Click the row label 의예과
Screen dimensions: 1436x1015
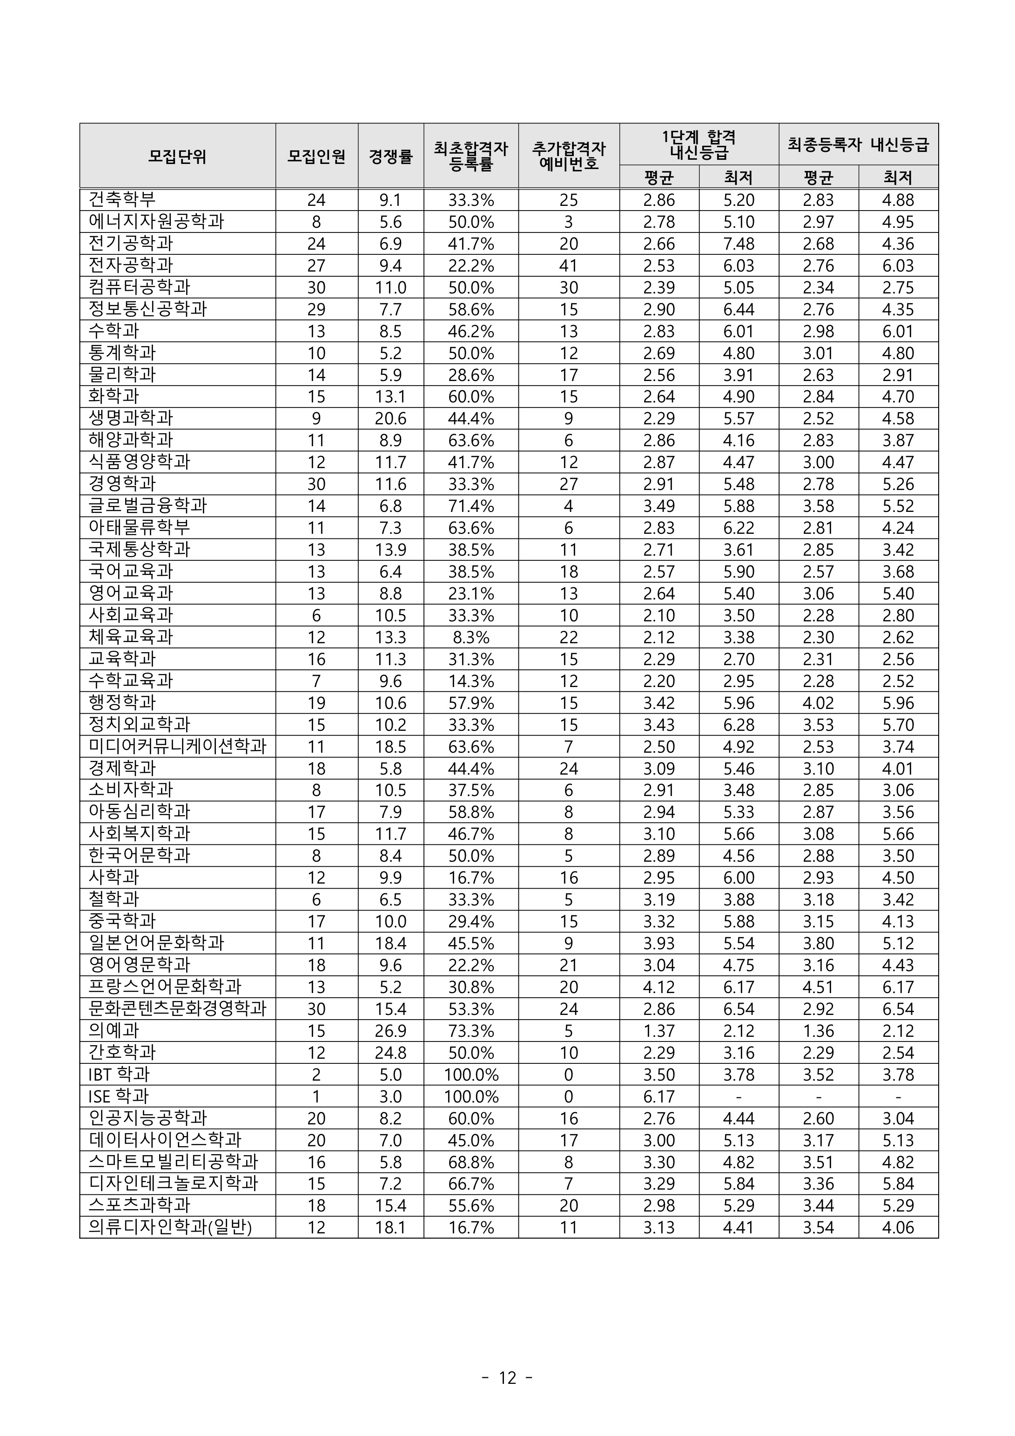pyautogui.click(x=114, y=1030)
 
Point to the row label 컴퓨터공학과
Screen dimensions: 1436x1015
pyautogui.click(x=139, y=287)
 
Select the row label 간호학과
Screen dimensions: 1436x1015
pyautogui.click(x=122, y=1052)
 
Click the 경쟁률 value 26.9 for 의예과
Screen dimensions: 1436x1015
pyautogui.click(x=390, y=1031)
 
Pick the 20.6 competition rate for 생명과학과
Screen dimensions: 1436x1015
pyautogui.click(x=390, y=418)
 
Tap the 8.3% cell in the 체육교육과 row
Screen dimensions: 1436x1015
pyautogui.click(x=471, y=637)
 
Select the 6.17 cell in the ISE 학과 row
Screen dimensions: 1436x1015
pyautogui.click(x=659, y=1096)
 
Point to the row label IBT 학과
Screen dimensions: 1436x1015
pyautogui.click(x=119, y=1074)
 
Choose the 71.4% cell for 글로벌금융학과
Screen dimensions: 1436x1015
pyautogui.click(x=471, y=506)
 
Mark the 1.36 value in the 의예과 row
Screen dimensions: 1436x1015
pyautogui.click(x=818, y=1031)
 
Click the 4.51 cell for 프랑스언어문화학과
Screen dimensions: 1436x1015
pyautogui.click(x=818, y=987)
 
